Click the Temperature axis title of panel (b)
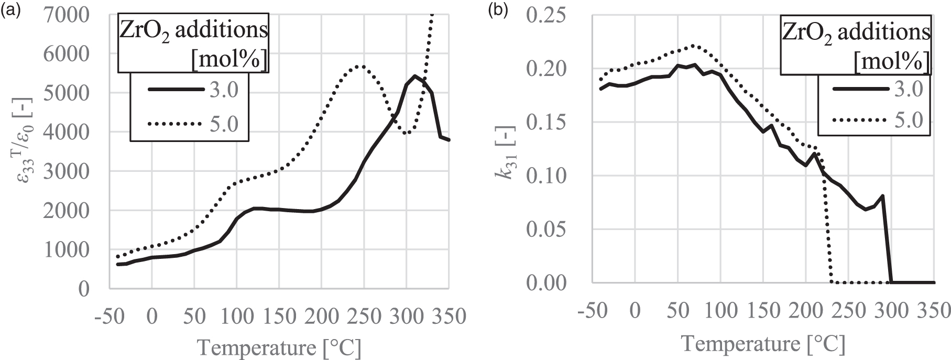pos(763,343)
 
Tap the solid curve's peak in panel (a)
pos(415,76)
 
